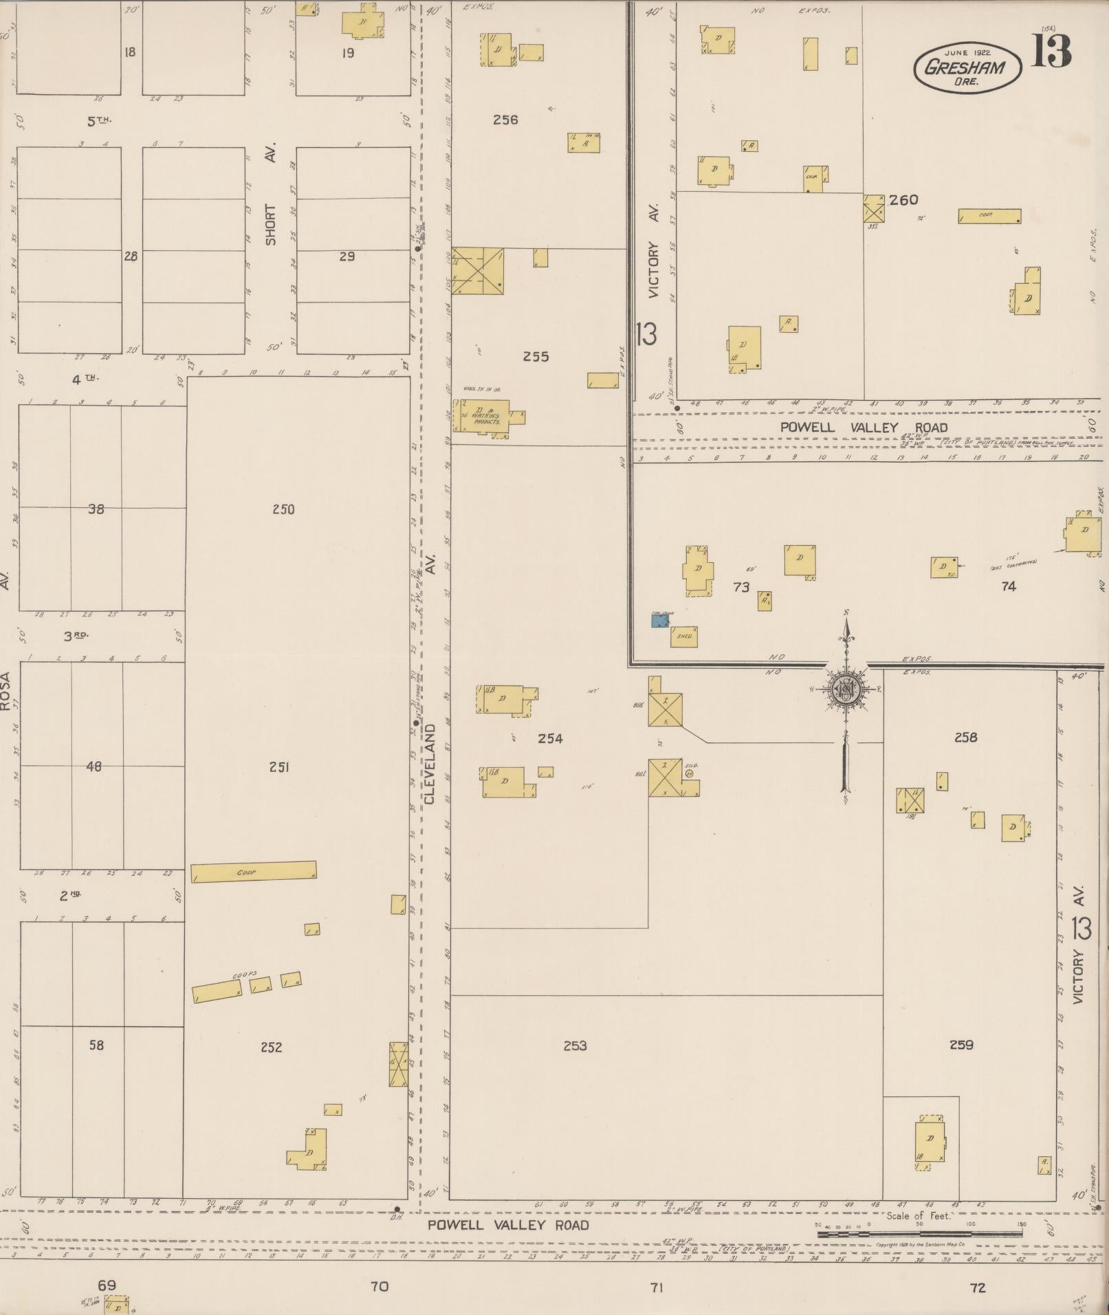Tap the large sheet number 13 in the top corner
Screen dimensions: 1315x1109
click(x=1051, y=51)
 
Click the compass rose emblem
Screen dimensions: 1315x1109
click(x=845, y=689)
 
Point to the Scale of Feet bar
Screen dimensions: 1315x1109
click(x=919, y=1234)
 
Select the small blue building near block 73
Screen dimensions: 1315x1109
click(x=660, y=620)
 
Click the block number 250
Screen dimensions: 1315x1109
click(x=283, y=509)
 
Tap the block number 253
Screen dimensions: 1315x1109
click(x=575, y=1046)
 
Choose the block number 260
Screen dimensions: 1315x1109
click(x=903, y=200)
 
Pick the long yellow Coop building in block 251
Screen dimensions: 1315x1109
click(x=254, y=872)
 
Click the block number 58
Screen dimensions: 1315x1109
click(x=96, y=1045)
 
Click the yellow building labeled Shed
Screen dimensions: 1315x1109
click(x=684, y=637)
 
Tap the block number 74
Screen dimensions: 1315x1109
click(x=1008, y=586)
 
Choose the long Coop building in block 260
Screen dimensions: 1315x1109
click(x=989, y=216)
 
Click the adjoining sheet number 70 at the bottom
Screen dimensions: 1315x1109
click(x=379, y=1286)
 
